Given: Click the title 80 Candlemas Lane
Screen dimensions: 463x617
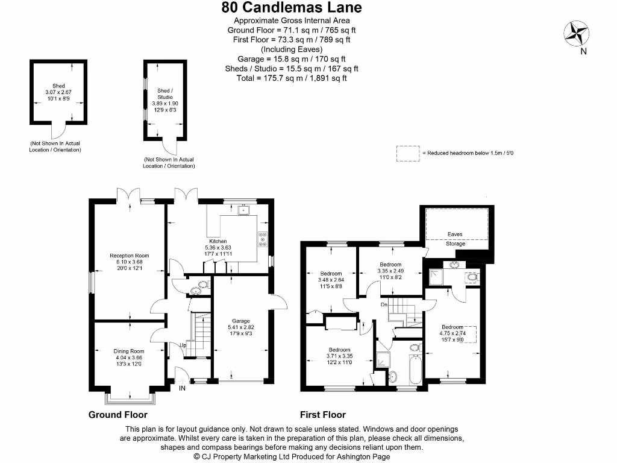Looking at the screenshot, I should coord(292,8).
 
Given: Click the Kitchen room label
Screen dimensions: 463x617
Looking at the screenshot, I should coord(218,242).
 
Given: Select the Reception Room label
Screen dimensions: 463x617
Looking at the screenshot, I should coord(128,256).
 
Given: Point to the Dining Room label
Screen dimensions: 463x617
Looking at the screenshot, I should coord(129,351).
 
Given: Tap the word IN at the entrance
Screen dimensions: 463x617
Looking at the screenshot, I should coord(183,388).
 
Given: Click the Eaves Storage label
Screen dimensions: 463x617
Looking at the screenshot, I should coord(456,239).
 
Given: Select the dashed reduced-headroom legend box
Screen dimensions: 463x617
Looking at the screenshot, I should coord(407,153).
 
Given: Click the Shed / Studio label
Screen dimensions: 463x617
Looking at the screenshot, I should coord(164,93).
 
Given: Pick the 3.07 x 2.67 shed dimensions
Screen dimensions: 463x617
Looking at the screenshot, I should coord(58,92).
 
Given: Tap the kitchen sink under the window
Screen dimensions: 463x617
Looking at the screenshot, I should coord(243,210).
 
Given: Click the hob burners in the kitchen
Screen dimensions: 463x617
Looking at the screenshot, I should coord(263,240).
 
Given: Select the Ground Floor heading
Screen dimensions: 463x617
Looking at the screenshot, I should coord(118,415).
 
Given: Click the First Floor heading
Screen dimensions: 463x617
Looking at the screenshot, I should coord(323,415).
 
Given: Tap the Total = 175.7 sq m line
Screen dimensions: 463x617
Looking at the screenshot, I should coord(292,78).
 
